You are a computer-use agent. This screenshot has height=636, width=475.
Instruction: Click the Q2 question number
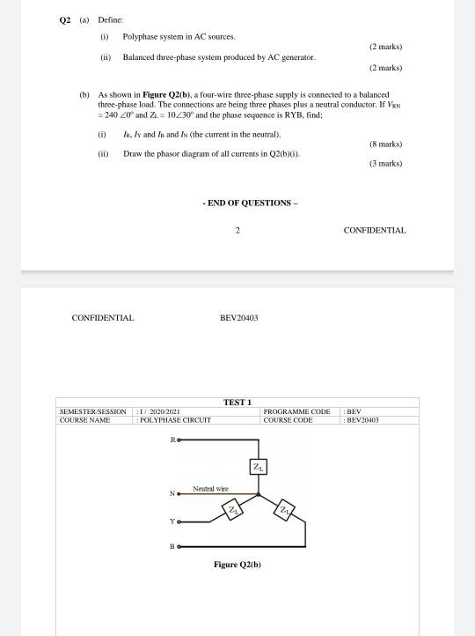63,18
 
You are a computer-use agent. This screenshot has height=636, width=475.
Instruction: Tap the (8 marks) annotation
385,144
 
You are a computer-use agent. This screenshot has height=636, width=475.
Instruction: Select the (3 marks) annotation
385,163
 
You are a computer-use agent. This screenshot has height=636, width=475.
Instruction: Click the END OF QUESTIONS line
250,203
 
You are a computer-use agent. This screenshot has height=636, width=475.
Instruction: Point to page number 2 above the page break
237,230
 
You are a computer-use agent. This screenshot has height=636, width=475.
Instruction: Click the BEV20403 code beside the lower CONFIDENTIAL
238,318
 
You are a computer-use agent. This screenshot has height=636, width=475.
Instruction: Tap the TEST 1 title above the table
237,403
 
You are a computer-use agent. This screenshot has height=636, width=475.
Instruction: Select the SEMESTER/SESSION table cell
92,411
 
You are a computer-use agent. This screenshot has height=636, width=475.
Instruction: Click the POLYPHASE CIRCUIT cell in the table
175,420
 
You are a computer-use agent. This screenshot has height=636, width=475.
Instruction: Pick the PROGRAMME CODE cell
296,411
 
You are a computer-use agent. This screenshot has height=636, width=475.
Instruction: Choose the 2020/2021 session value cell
161,411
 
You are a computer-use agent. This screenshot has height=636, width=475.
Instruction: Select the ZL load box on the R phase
258,466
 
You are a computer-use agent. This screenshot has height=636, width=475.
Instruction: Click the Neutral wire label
210,488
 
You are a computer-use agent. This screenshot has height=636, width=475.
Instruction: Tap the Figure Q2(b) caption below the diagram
237,565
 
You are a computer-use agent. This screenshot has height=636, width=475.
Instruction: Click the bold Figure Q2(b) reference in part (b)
158,94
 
